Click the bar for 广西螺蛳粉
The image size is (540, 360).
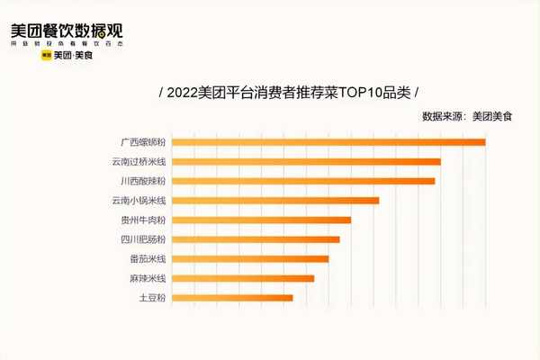click(x=328, y=141)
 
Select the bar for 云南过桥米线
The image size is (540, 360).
click(x=306, y=161)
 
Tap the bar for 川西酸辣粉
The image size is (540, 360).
click(x=303, y=181)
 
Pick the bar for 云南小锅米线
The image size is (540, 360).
click(x=275, y=200)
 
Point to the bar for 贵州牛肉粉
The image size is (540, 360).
click(x=261, y=220)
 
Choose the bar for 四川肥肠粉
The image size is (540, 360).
click(x=256, y=239)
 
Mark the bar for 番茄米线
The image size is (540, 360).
click(x=250, y=258)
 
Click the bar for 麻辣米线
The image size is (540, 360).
click(x=243, y=278)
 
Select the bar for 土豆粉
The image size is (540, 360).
click(x=232, y=297)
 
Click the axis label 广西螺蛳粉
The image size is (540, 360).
click(x=143, y=141)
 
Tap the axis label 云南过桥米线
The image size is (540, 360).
click(x=139, y=161)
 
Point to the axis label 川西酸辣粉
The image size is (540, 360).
click(x=143, y=181)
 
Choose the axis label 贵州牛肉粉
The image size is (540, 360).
click(x=143, y=220)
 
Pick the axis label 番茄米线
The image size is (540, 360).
click(x=148, y=258)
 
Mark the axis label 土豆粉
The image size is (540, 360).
click(x=152, y=297)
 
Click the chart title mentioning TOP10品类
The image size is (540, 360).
click(x=288, y=93)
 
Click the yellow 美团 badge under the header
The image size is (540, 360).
click(x=46, y=56)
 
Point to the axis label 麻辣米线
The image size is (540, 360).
click(x=148, y=278)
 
